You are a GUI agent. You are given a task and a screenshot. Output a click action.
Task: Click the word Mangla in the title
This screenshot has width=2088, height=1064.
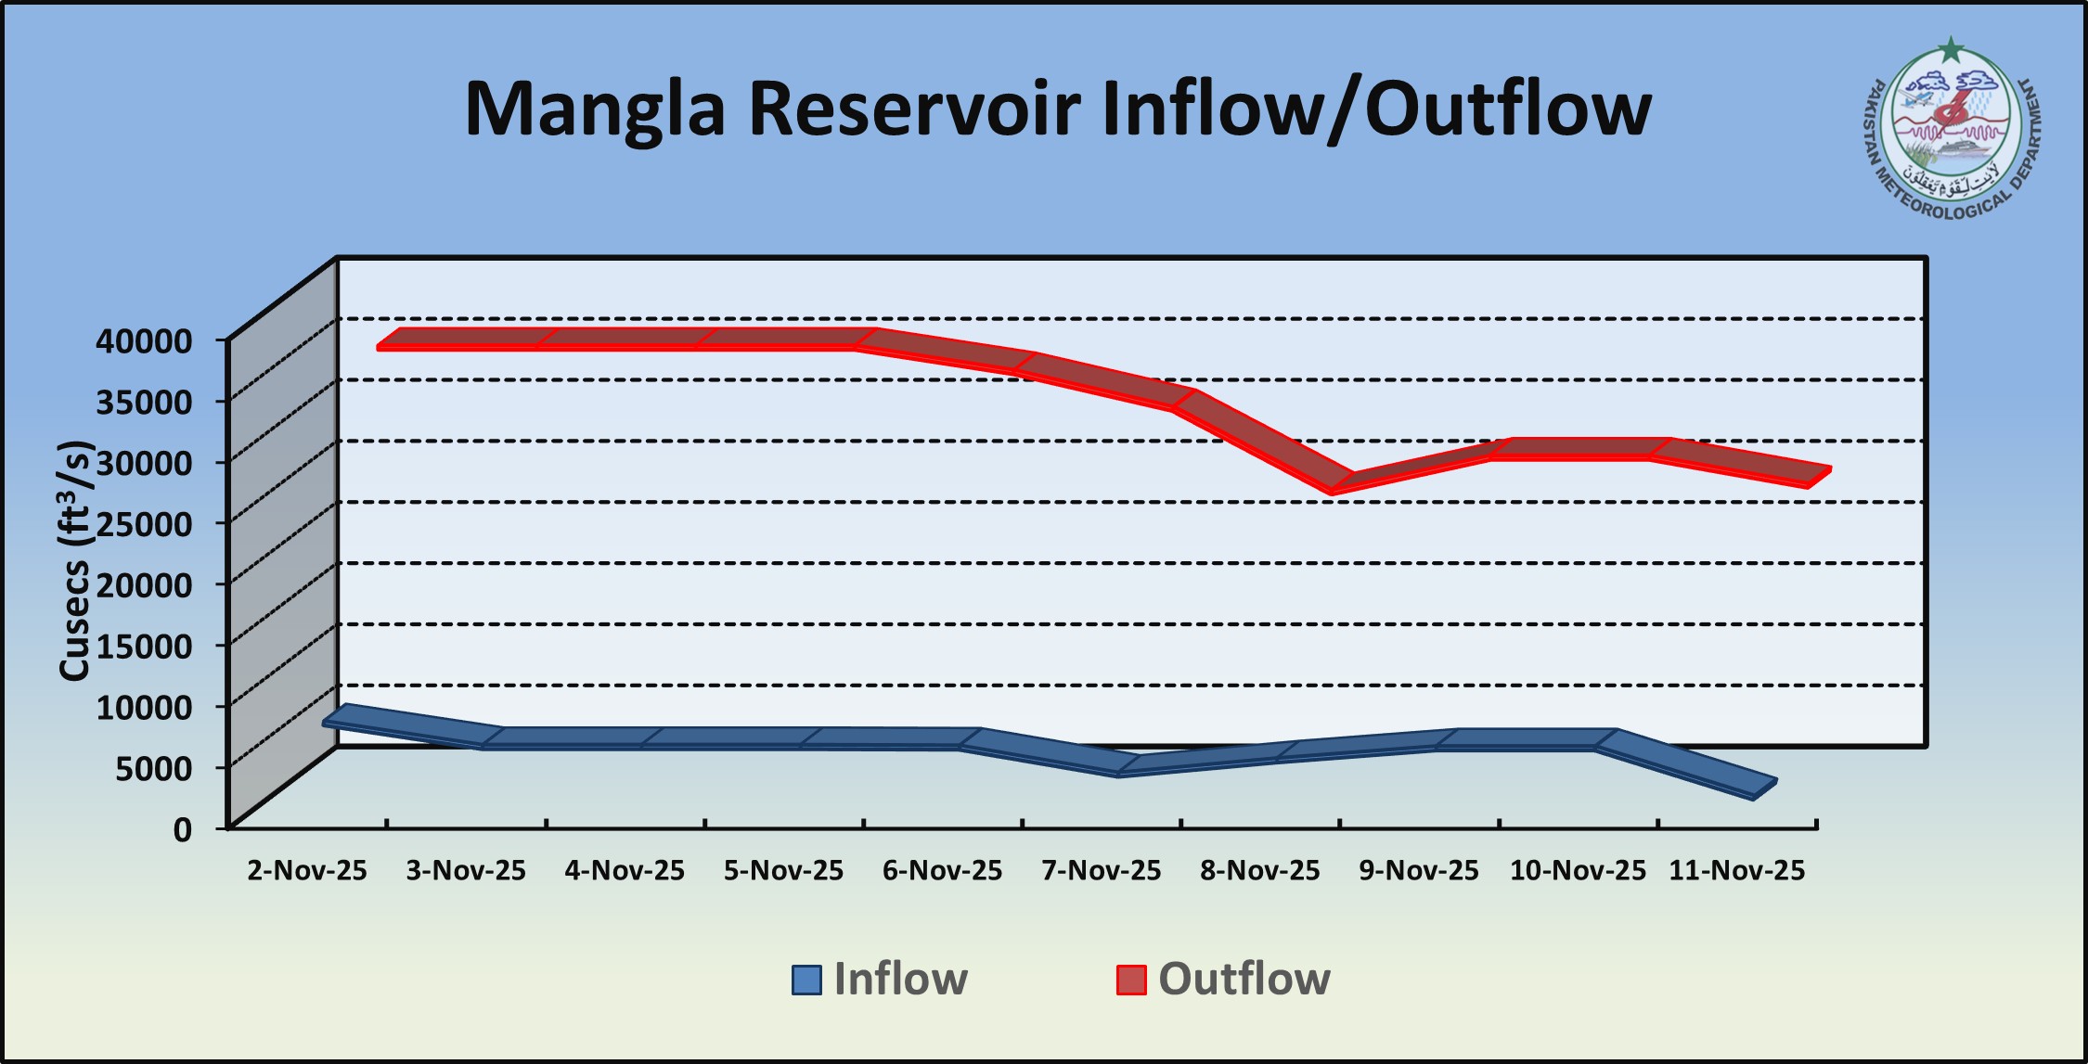pos(594,109)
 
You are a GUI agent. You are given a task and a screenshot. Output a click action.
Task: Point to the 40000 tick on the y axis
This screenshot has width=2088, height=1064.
pos(144,340)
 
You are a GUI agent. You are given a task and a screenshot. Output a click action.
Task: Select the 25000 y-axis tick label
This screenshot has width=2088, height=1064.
pos(144,523)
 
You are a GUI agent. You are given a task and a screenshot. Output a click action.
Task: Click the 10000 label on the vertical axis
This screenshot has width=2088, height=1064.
pos(144,707)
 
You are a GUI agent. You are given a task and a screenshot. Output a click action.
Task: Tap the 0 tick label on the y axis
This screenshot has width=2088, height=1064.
pos(182,828)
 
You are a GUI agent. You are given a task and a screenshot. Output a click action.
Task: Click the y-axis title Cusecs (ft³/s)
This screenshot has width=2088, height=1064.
pos(74,560)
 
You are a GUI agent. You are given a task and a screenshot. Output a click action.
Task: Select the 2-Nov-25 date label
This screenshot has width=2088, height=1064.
pos(307,870)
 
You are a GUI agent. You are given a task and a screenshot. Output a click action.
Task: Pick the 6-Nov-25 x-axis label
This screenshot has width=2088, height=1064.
pos(942,870)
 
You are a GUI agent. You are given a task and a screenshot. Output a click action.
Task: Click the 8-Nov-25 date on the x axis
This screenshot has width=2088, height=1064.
pos(1259,870)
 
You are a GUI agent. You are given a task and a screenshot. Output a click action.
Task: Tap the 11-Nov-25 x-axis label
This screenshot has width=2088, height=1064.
pos(1736,870)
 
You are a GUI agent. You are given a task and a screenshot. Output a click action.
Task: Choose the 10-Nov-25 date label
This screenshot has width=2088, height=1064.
pos(1578,870)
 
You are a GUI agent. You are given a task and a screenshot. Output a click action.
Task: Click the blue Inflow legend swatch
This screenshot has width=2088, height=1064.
pos(806,980)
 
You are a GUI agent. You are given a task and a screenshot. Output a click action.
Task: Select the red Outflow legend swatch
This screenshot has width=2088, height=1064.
pos(1131,980)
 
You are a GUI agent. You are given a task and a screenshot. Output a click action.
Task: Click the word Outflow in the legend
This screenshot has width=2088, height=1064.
pos(1244,979)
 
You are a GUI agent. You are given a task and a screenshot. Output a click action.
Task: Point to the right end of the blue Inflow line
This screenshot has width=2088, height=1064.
pos(1763,788)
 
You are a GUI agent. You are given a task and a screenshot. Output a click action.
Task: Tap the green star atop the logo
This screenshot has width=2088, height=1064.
pos(1952,49)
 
